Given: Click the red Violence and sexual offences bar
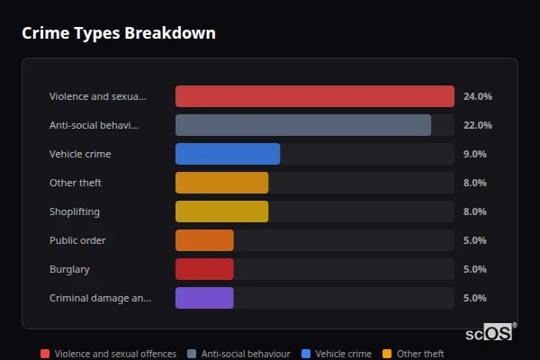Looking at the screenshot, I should (x=314, y=96).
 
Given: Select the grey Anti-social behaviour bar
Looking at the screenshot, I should (x=302, y=125).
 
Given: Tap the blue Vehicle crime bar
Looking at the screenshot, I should (x=228, y=154).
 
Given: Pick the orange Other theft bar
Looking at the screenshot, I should (x=221, y=183).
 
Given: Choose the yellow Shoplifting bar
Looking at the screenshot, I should (x=221, y=211).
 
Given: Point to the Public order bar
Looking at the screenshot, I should (x=204, y=240).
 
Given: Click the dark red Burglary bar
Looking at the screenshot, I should (x=204, y=269).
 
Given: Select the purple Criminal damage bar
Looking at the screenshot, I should (x=204, y=298).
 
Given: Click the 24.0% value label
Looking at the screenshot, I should (x=477, y=96).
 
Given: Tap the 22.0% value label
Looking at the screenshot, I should (x=477, y=125).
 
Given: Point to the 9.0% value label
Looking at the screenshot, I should (x=474, y=154).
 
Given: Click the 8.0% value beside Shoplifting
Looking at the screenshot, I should (x=474, y=211).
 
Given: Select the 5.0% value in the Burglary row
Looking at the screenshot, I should (x=474, y=269).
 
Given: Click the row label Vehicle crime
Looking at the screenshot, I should (x=80, y=154).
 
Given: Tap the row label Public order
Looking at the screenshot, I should (x=77, y=240).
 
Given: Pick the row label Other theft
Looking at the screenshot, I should (x=76, y=183).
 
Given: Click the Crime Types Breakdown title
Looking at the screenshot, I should (x=118, y=33).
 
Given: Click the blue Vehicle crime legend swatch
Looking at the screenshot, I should (x=307, y=354).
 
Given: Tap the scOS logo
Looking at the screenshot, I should (x=490, y=332).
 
